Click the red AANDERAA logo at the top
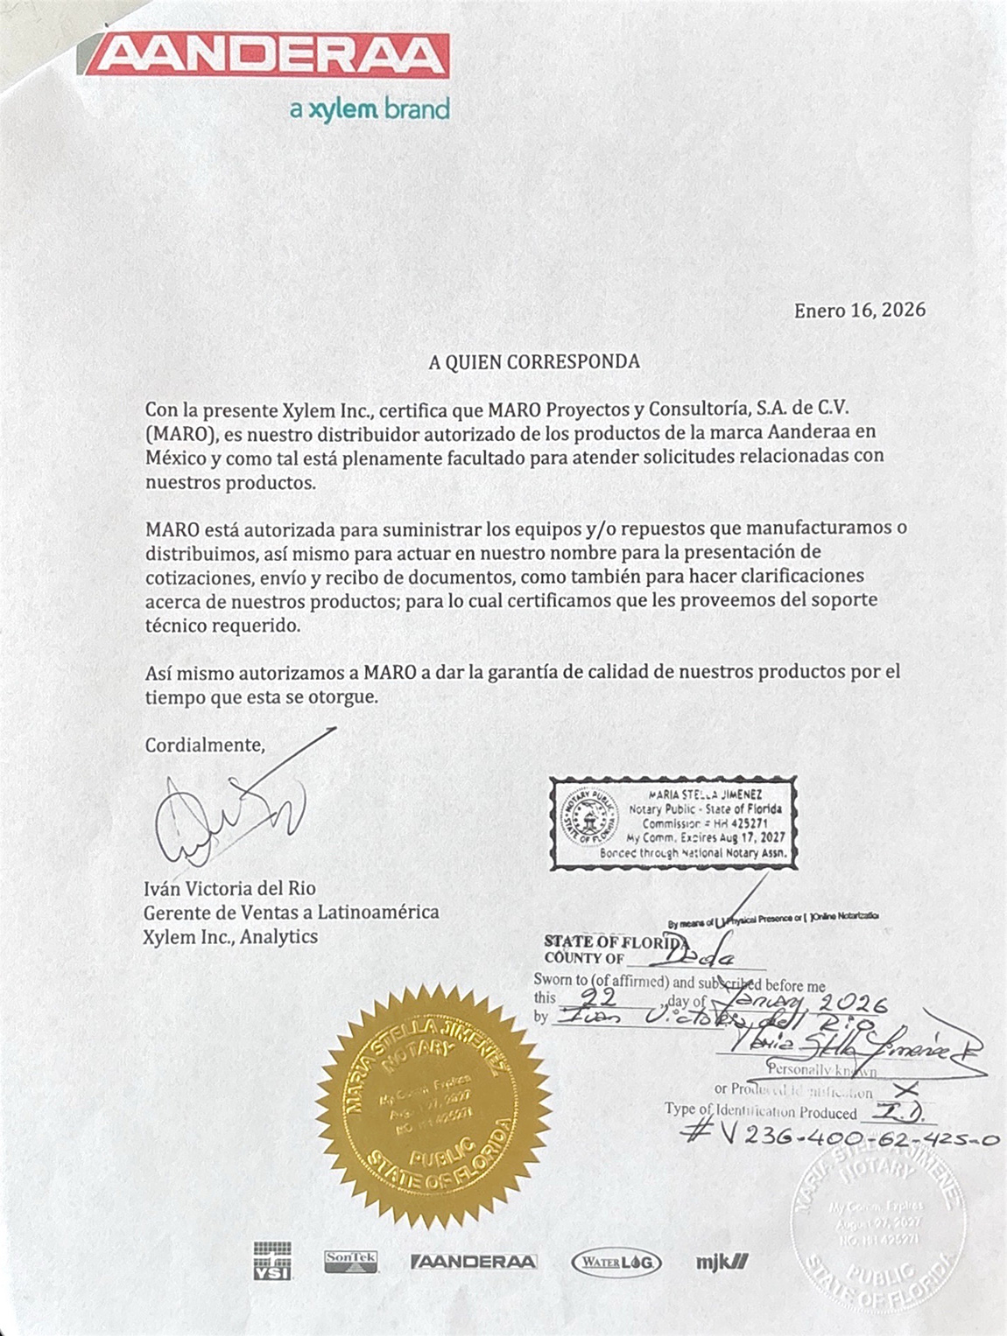pyautogui.click(x=270, y=56)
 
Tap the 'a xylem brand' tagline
pyautogui.click(x=369, y=110)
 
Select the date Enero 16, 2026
pyautogui.click(x=859, y=311)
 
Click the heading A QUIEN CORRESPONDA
pyautogui.click(x=534, y=361)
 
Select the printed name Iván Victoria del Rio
pyautogui.click(x=229, y=888)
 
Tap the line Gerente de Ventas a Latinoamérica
pyautogui.click(x=292, y=912)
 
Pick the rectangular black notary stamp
pyautogui.click(x=673, y=822)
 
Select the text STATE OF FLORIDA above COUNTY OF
pyautogui.click(x=613, y=941)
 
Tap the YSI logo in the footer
pyautogui.click(x=272, y=1261)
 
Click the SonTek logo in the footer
pyautogui.click(x=350, y=1261)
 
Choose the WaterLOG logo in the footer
pyautogui.click(x=616, y=1262)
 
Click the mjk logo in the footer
pyautogui.click(x=722, y=1262)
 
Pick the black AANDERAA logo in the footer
pyautogui.click(x=474, y=1262)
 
